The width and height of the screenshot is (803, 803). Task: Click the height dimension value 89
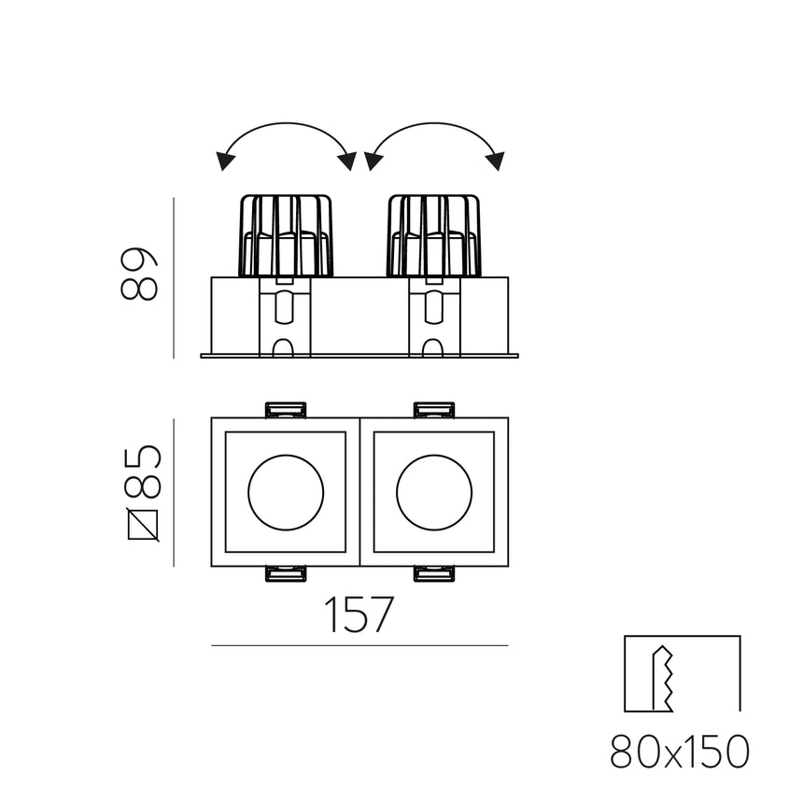coord(140,274)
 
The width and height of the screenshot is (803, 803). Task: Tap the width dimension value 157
coord(359,615)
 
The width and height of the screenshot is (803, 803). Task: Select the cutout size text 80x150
coord(681,752)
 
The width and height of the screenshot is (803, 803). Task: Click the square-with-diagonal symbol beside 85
coord(142,525)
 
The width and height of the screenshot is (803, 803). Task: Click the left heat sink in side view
coord(286,235)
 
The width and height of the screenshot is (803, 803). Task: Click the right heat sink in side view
coord(434,235)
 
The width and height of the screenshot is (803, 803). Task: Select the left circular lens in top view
coord(286,492)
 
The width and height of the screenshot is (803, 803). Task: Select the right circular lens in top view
coord(434,492)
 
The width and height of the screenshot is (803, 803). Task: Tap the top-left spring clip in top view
coord(286,410)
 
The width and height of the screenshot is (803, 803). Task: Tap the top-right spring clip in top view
coord(434,410)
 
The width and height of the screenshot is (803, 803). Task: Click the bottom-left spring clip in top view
coord(286,573)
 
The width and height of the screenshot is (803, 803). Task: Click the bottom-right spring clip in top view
coord(434,573)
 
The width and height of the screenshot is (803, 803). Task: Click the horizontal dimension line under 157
coord(359,645)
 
